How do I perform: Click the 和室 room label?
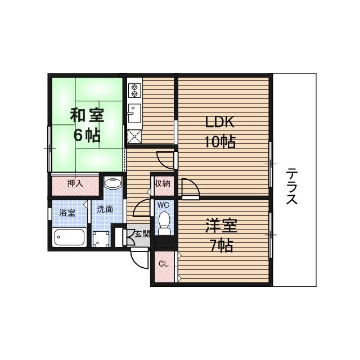click(87, 115)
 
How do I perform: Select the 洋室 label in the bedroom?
click(221, 226)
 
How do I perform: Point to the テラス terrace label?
click(291, 186)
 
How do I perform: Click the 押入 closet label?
click(75, 183)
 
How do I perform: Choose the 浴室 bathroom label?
click(67, 213)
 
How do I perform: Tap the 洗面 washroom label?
click(105, 209)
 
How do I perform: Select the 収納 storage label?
click(163, 183)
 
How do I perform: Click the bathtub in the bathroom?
click(69, 237)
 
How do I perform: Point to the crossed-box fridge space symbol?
click(134, 135)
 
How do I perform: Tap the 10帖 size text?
click(219, 141)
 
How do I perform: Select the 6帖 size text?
click(87, 135)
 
